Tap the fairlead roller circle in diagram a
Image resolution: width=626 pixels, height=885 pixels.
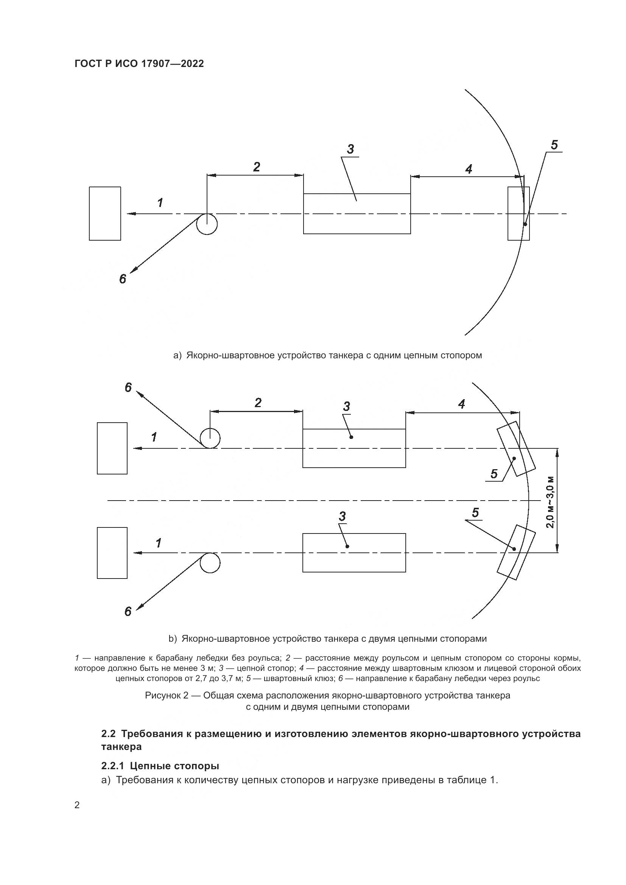207,224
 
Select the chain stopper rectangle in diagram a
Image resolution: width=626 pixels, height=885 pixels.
357,213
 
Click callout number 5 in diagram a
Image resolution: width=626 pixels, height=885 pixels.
554,145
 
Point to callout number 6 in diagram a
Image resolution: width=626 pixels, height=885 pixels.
123,279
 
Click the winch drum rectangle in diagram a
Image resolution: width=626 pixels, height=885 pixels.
105,213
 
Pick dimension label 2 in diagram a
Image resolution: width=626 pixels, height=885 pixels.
256,167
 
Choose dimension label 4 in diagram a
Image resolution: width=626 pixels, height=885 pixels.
468,169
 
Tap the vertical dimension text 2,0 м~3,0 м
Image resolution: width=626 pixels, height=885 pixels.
551,502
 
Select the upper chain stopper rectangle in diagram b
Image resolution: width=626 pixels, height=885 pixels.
354,448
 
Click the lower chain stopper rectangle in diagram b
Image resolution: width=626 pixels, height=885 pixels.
354,552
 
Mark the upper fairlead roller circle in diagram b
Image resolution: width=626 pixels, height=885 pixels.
210,438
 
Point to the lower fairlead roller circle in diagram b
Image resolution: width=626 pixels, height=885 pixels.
210,563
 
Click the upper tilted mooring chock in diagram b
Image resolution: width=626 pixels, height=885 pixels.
516,448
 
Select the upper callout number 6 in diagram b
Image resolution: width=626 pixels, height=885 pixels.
128,388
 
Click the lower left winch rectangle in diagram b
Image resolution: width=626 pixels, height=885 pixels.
112,553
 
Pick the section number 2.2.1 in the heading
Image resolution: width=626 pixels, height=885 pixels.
113,766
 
